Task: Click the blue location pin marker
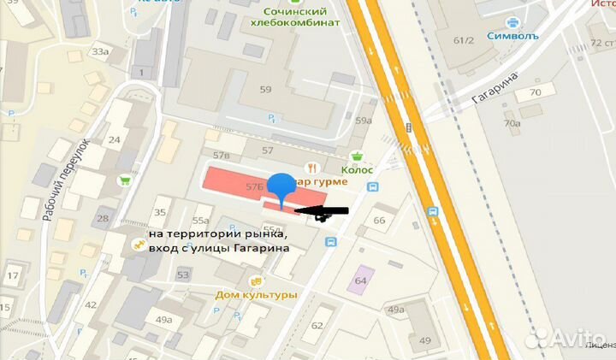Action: (281, 187)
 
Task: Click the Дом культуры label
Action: (256, 295)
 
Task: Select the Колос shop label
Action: (356, 169)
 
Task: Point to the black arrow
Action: (321, 211)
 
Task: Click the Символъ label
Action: (511, 35)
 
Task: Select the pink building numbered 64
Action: (360, 280)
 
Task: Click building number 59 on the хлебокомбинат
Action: (265, 89)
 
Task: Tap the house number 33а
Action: (100, 52)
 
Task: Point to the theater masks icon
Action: (253, 281)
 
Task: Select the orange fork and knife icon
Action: (314, 168)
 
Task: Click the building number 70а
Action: (512, 124)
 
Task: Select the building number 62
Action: (317, 326)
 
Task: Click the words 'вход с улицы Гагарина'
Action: (218, 248)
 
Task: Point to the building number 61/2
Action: (465, 40)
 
